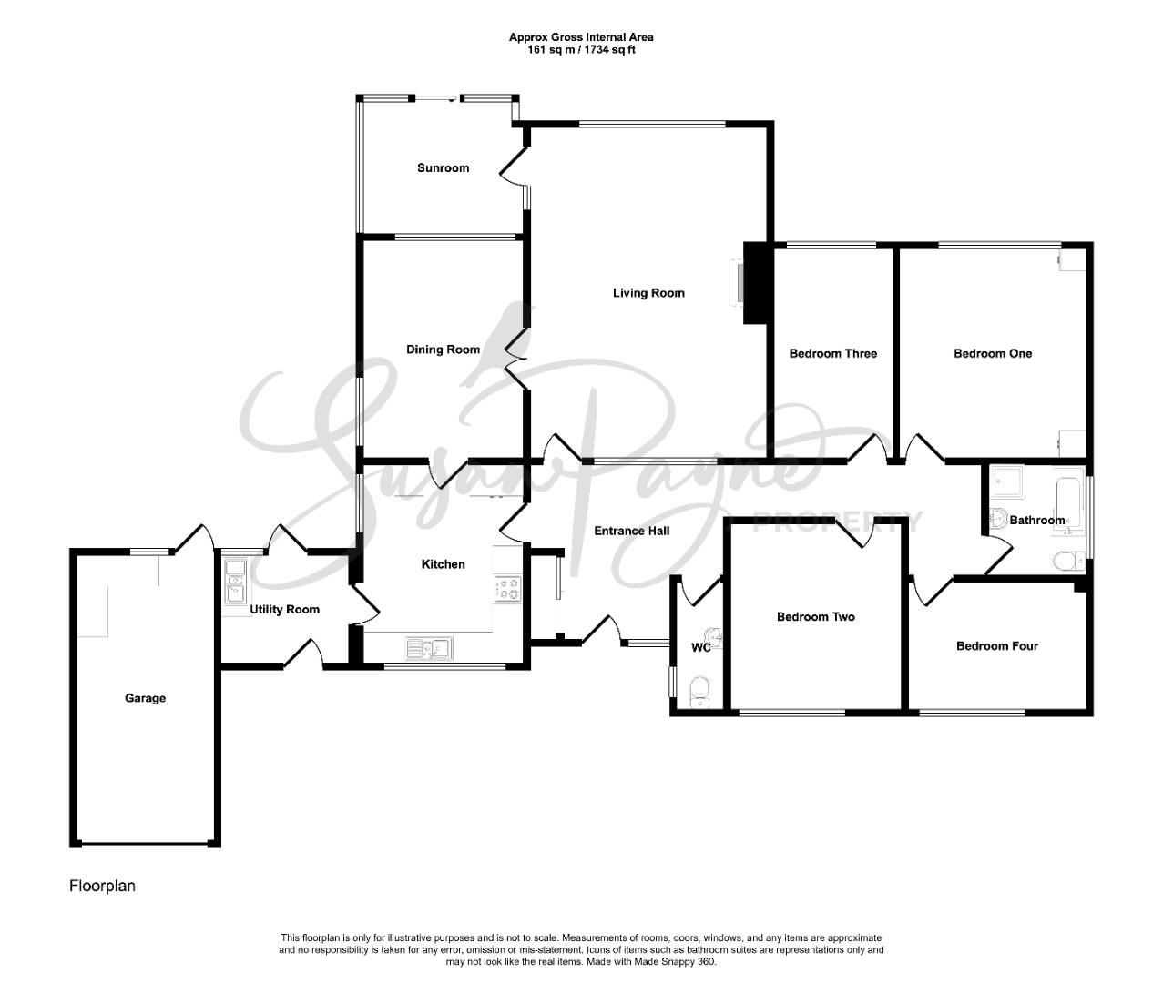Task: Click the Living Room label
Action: pyautogui.click(x=648, y=293)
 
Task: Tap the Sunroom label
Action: pyautogui.click(x=443, y=168)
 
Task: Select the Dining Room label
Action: pyautogui.click(x=443, y=350)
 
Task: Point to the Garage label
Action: pyautogui.click(x=145, y=698)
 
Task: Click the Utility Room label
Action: pyautogui.click(x=285, y=610)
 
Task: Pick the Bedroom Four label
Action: pyautogui.click(x=997, y=646)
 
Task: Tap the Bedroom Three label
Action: pyautogui.click(x=832, y=354)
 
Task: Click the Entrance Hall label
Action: pyautogui.click(x=632, y=531)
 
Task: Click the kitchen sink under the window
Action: pyautogui.click(x=429, y=649)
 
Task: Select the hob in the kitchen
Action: pyautogui.click(x=507, y=589)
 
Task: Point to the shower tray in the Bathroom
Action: pyautogui.click(x=1007, y=482)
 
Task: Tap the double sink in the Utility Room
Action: pyautogui.click(x=234, y=581)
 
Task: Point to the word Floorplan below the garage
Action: pyautogui.click(x=102, y=886)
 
